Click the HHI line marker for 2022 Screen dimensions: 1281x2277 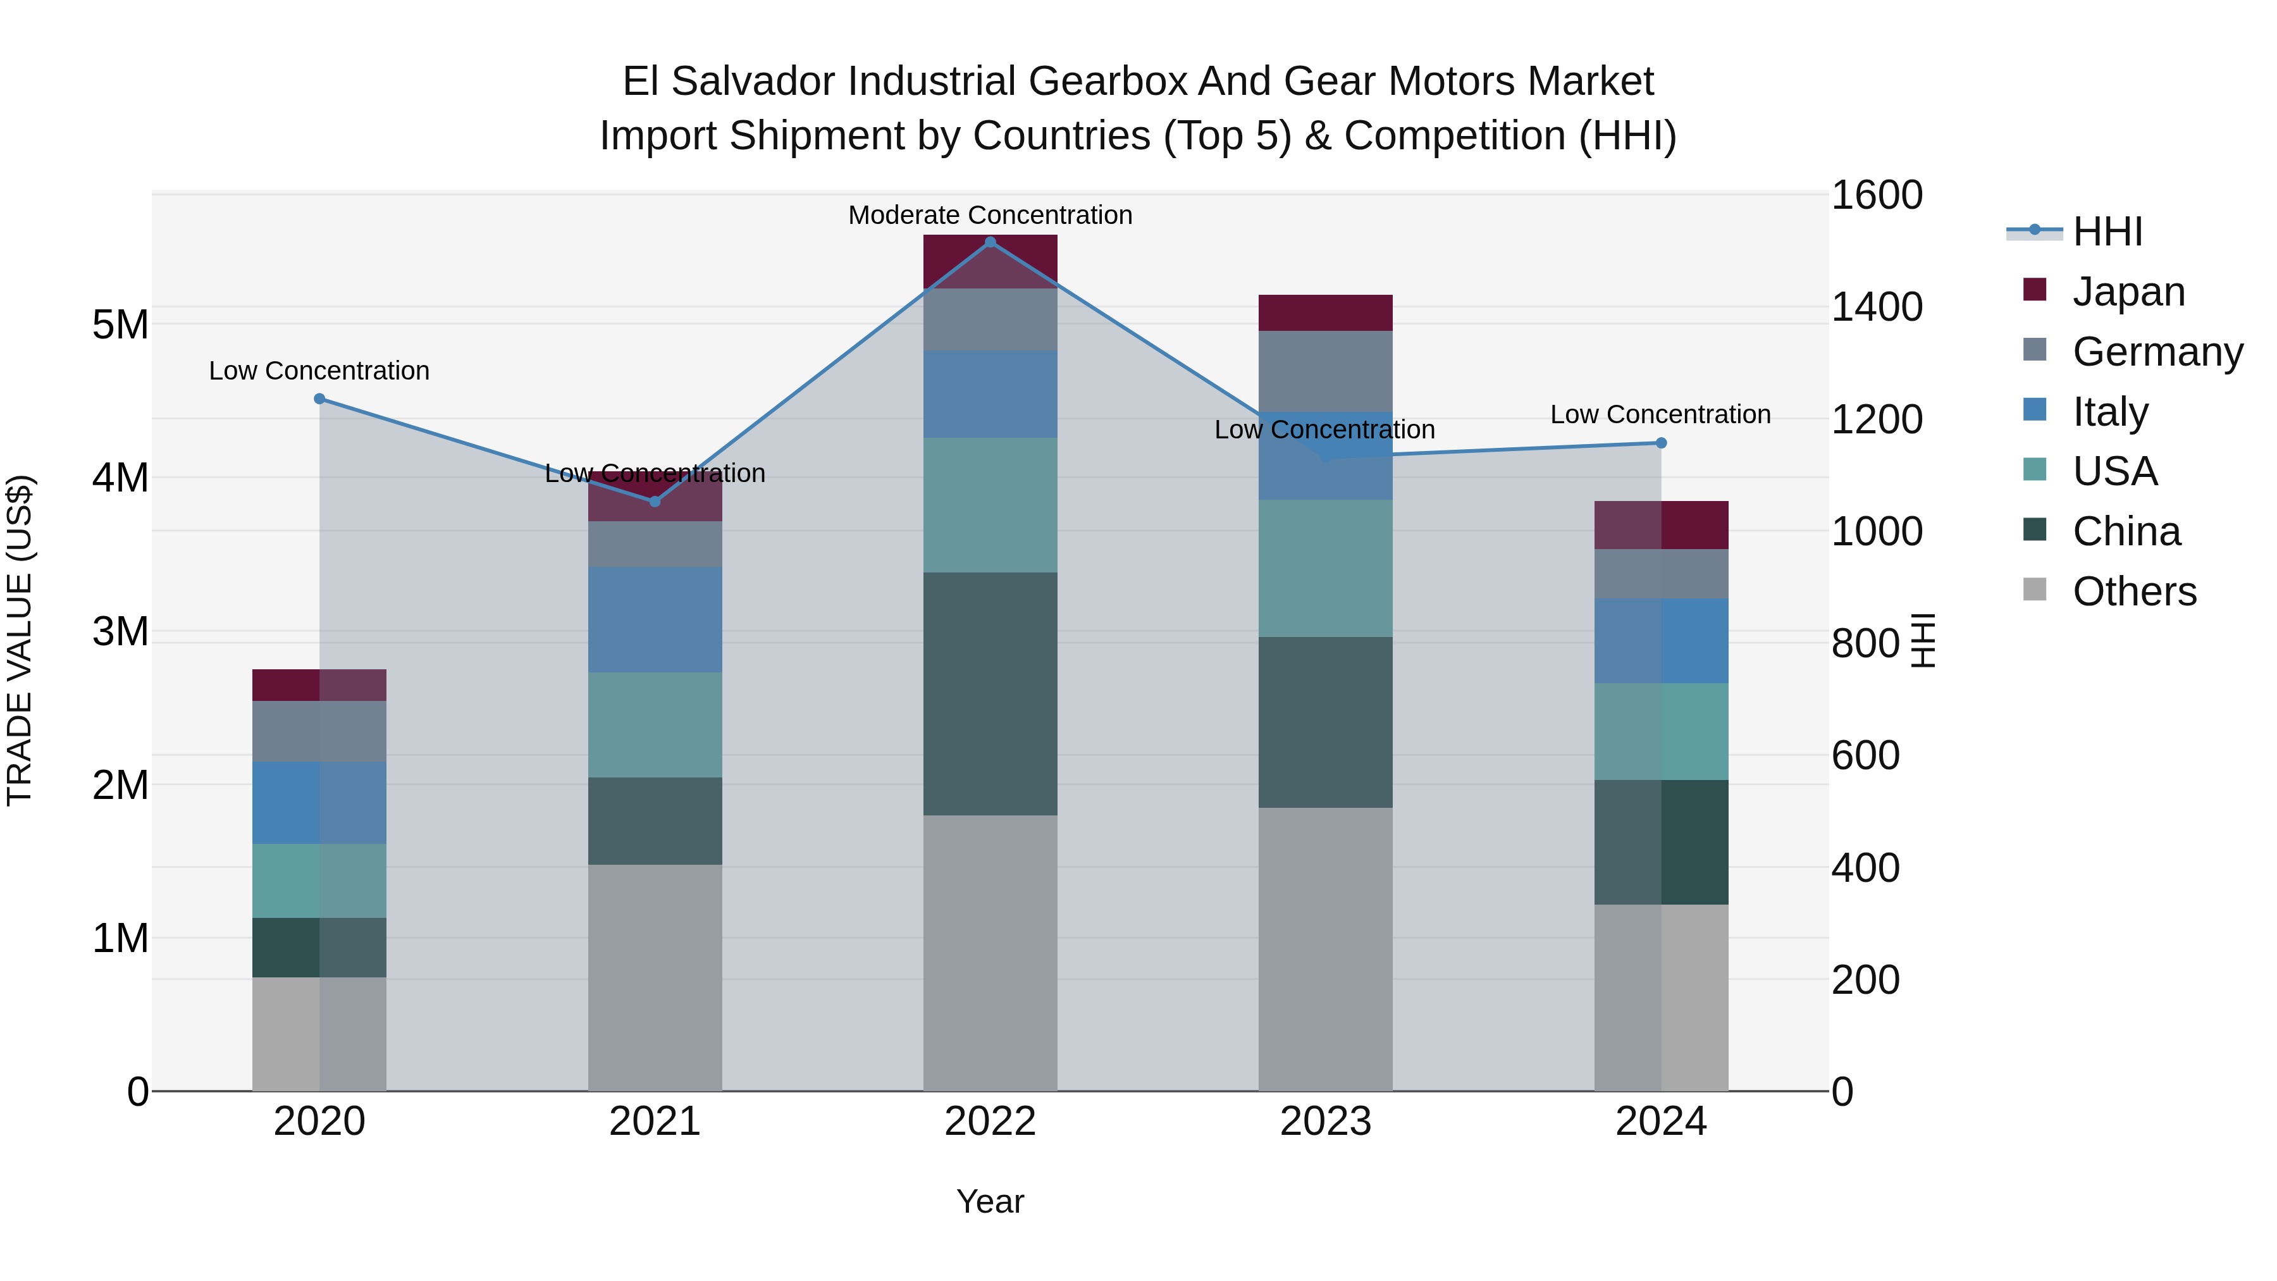990,242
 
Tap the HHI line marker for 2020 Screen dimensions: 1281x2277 320,399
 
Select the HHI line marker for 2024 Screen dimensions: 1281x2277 1661,443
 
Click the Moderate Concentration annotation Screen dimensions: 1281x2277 990,215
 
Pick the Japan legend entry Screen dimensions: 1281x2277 2128,292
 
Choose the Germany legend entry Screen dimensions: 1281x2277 2157,352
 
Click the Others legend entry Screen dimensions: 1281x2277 2134,591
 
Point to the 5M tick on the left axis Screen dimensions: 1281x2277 120,325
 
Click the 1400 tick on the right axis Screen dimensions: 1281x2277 1876,307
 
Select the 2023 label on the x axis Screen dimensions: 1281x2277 1325,1122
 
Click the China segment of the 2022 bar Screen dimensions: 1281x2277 990,694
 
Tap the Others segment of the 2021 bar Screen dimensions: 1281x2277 655,977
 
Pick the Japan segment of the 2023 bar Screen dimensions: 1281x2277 1325,313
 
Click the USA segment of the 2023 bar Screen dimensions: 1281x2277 1325,569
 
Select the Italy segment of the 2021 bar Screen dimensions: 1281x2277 655,620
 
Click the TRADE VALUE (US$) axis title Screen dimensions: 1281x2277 20,640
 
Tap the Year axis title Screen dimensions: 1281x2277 990,1201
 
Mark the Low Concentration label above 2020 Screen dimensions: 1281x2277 319,371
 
